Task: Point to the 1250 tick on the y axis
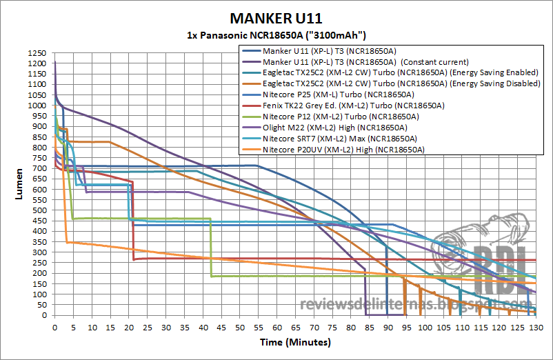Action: coord(38,53)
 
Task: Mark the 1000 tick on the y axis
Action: coord(38,106)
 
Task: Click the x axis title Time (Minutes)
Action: coord(294,342)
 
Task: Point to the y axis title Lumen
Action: coord(19,184)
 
